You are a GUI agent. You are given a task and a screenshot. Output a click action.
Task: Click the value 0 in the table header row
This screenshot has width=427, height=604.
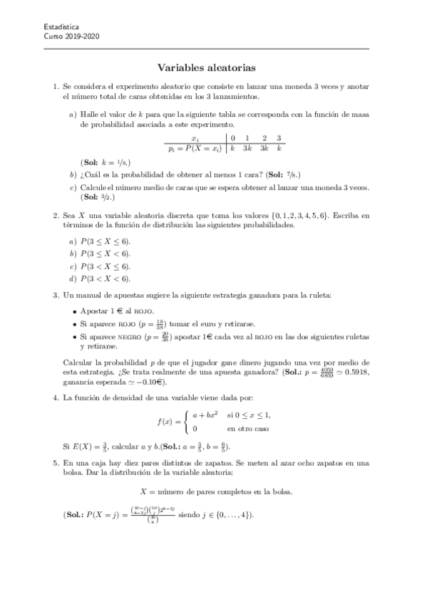tap(232, 138)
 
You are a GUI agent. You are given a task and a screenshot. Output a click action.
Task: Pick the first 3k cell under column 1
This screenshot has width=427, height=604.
tap(247, 148)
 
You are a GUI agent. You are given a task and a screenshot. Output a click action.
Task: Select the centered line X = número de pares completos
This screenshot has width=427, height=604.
tap(212, 491)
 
